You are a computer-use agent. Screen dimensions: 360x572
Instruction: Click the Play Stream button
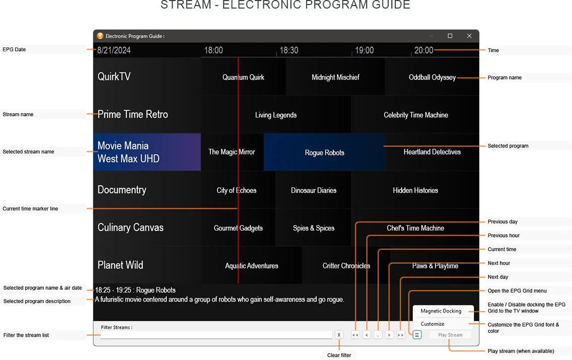coord(450,335)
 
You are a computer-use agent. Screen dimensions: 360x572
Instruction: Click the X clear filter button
coord(339,335)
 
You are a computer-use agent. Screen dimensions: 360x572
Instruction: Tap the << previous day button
coord(355,335)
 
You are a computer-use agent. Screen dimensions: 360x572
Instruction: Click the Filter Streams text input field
coord(217,335)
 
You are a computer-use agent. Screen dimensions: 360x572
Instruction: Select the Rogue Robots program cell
coord(325,153)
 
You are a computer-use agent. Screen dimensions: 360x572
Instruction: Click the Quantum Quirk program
coord(243,77)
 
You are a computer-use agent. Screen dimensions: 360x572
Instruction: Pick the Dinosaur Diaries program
coord(314,190)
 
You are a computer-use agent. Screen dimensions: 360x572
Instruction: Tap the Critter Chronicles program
coord(346,266)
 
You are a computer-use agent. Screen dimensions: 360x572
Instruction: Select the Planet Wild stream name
coord(120,265)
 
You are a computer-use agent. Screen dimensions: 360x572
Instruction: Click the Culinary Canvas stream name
coord(130,228)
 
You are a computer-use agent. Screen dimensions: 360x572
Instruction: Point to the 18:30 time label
coord(289,50)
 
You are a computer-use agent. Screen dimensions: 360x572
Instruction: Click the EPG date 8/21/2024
coord(114,50)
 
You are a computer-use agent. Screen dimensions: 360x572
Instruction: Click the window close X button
coord(469,36)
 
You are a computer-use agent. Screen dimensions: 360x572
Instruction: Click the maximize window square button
coord(450,36)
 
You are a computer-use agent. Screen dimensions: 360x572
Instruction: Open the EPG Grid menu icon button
coord(417,335)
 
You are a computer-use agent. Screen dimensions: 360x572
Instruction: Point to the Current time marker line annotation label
coord(30,208)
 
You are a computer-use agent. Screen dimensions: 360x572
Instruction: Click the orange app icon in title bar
coord(100,36)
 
